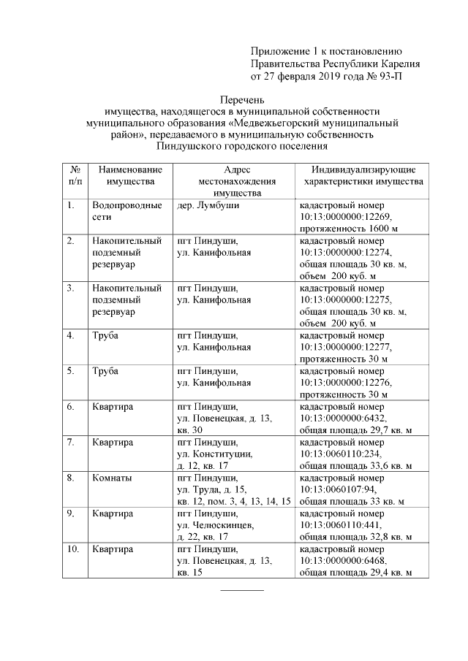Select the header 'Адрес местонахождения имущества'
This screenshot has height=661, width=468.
(x=233, y=181)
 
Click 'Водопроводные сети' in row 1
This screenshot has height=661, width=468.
(x=127, y=211)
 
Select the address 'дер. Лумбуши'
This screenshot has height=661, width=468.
(x=208, y=205)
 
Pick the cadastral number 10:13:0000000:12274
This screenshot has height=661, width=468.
(x=346, y=252)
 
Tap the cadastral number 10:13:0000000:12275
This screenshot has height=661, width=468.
(x=346, y=299)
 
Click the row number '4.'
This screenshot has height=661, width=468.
(x=71, y=335)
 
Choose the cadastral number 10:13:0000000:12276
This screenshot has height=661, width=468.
(x=346, y=382)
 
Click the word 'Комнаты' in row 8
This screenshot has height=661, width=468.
(x=112, y=478)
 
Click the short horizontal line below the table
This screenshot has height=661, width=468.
(x=242, y=589)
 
